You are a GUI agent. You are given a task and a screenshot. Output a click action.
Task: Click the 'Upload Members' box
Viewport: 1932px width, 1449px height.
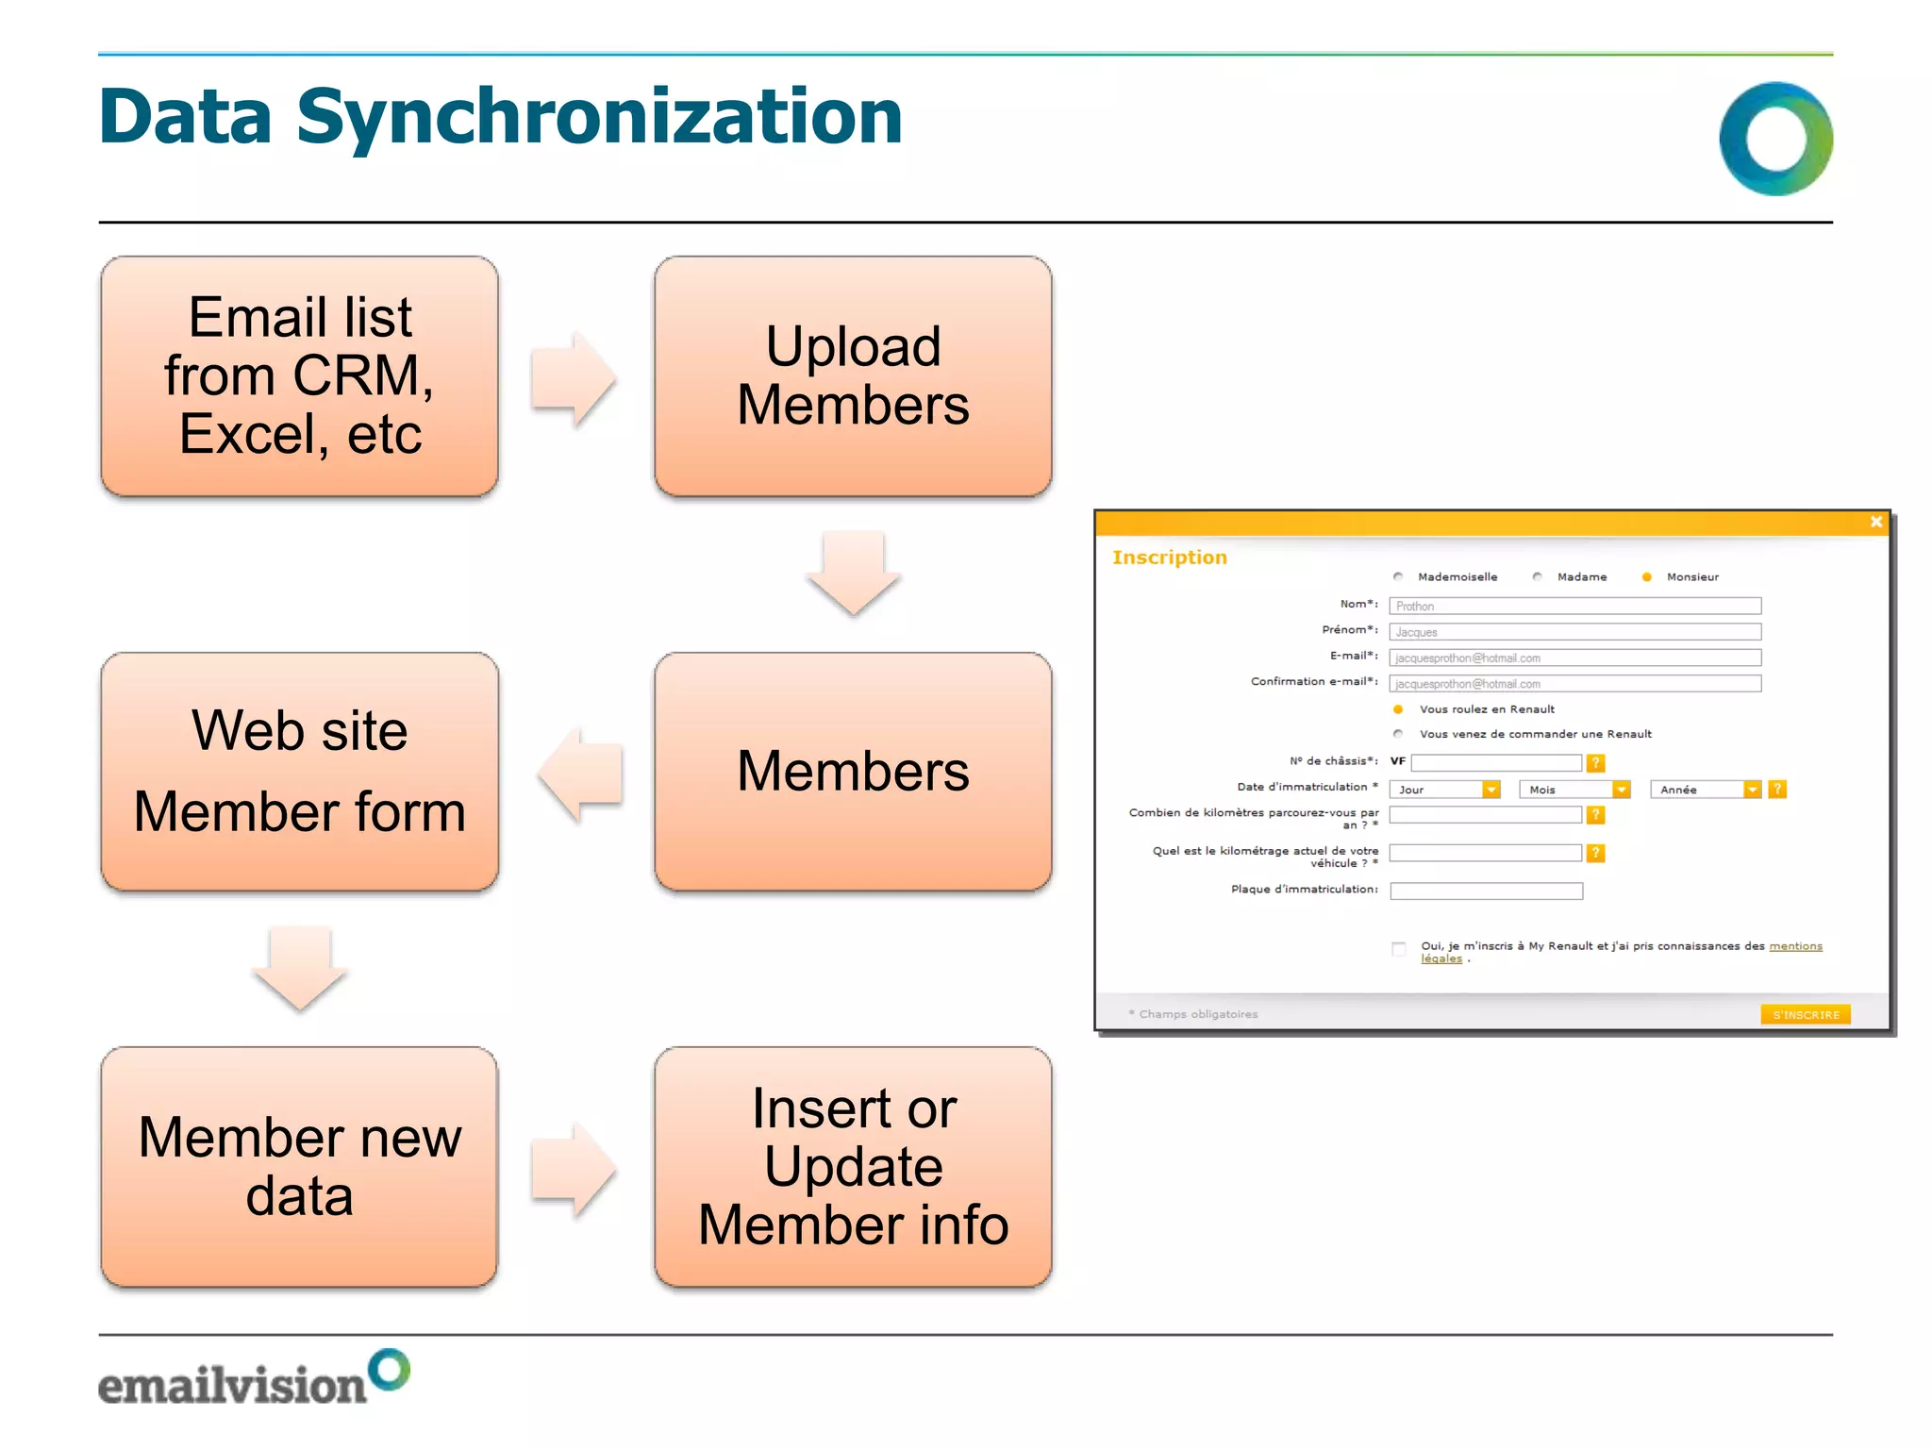(853, 375)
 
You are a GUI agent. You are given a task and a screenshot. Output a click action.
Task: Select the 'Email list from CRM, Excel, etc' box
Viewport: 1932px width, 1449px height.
(299, 375)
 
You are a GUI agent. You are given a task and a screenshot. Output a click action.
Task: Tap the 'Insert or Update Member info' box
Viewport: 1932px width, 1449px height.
(853, 1166)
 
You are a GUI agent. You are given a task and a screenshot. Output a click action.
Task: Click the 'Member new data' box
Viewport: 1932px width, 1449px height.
(299, 1166)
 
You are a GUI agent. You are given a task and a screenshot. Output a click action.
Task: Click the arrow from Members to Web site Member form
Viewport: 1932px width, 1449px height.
(579, 774)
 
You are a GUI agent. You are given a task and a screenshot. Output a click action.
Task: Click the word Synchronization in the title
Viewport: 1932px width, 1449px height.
(600, 117)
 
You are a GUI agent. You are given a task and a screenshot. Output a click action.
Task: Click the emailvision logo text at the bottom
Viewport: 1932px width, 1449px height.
(232, 1385)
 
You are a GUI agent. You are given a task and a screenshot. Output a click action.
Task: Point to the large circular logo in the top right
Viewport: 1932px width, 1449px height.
(1775, 139)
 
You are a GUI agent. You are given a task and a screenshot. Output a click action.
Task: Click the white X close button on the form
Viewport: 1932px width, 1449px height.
(1875, 522)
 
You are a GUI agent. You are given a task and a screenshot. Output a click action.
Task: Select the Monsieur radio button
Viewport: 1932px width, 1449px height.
(1646, 577)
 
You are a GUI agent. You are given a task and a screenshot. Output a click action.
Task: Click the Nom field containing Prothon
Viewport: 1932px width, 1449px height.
(1574, 606)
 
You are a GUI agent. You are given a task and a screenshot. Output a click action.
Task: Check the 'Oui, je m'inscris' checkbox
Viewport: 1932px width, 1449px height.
(1398, 948)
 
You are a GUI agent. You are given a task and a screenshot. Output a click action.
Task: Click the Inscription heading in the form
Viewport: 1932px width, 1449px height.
(1169, 558)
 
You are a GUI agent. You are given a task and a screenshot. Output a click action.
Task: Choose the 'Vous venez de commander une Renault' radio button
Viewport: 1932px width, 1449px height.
(1398, 734)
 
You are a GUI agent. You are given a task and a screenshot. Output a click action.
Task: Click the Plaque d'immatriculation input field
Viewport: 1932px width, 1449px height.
(1486, 891)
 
